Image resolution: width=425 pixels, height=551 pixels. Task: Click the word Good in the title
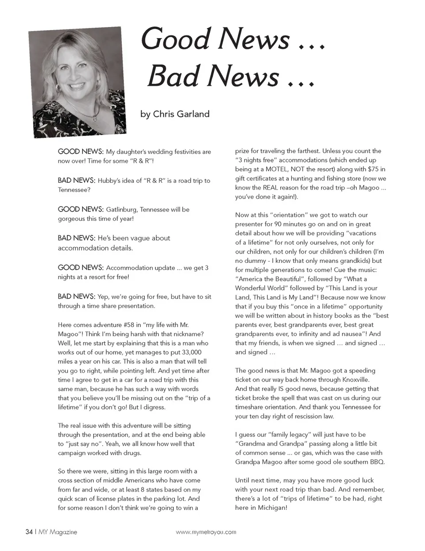(x=176, y=39)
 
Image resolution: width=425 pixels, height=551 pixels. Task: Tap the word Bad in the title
(x=173, y=76)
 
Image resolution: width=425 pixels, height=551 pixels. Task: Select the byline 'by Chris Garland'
(x=175, y=114)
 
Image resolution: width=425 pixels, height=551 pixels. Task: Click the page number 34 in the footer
(x=29, y=532)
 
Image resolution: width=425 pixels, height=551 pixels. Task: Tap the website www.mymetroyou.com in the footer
(x=206, y=532)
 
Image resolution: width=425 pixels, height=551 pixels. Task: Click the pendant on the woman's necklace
(x=94, y=118)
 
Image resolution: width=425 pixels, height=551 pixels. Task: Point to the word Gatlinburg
(x=123, y=209)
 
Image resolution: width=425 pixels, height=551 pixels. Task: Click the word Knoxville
(x=356, y=380)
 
